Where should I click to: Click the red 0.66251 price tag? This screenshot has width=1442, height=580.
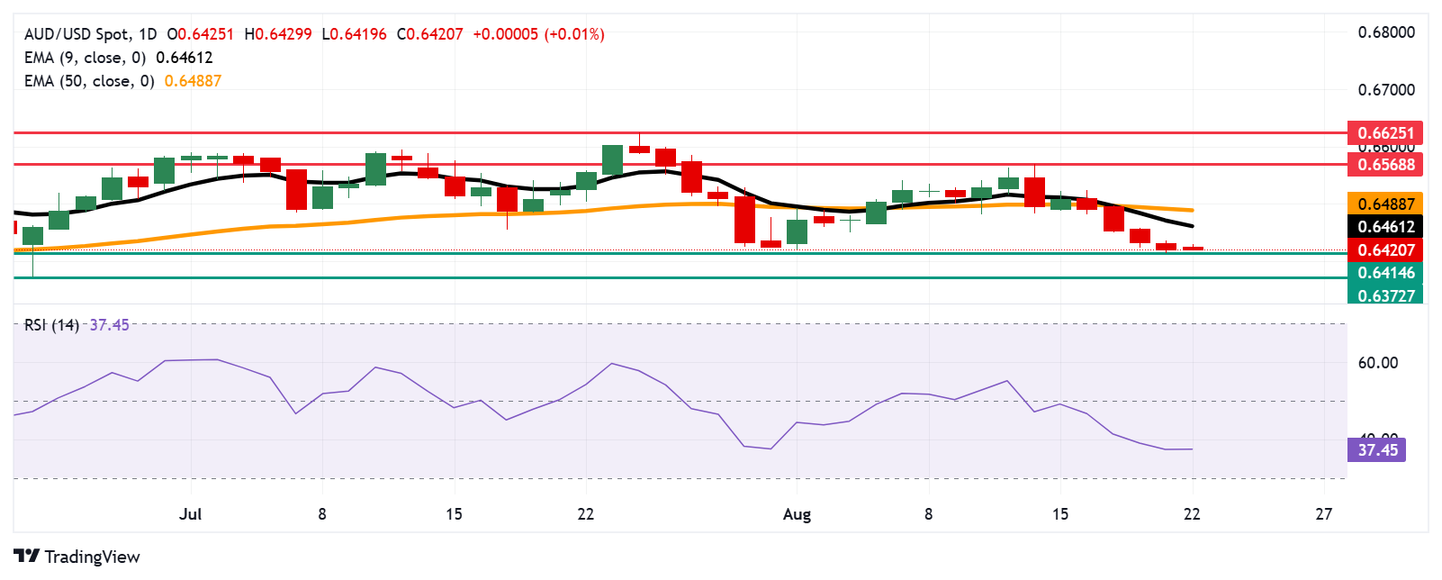(1385, 133)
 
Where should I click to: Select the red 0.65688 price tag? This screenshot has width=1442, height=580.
(1385, 165)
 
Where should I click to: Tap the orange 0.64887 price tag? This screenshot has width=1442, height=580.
(1385, 204)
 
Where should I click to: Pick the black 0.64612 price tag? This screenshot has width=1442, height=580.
(1385, 227)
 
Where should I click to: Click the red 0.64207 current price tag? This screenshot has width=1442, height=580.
(1385, 250)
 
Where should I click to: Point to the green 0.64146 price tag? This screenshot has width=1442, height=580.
(1385, 273)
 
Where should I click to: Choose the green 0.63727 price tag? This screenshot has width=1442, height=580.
(1385, 295)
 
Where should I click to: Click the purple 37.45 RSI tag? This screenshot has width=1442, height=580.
(1377, 449)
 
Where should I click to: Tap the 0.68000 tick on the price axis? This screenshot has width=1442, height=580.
(1386, 32)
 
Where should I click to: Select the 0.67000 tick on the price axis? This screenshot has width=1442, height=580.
(1386, 90)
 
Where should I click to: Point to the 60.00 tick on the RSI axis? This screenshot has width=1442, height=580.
(1377, 363)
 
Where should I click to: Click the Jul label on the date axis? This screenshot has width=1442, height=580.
(190, 514)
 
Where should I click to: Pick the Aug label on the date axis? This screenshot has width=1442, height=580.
(797, 514)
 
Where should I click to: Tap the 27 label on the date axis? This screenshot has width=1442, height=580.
(1323, 514)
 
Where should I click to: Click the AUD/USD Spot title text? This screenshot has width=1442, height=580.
(77, 34)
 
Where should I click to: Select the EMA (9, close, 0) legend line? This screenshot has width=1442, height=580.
(85, 58)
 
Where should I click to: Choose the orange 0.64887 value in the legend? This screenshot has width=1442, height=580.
(193, 81)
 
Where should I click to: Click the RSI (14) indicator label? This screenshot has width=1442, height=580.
(51, 325)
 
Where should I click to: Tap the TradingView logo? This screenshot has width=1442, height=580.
(77, 557)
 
